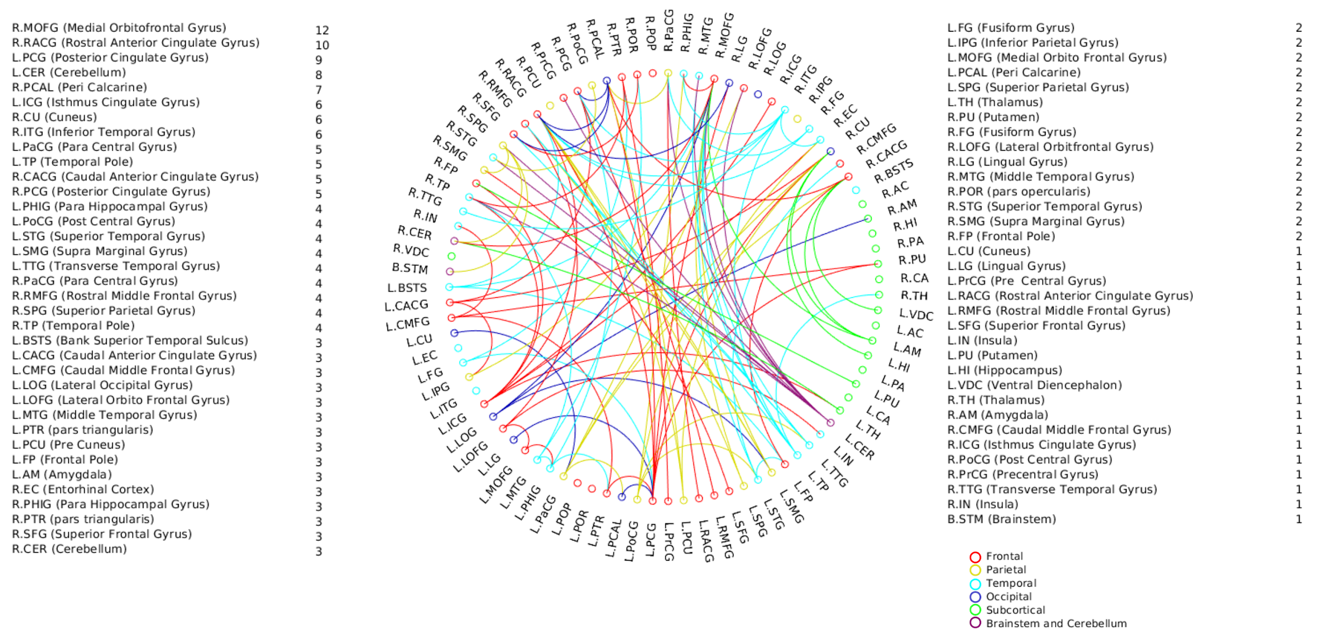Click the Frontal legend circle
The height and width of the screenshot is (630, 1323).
click(975, 557)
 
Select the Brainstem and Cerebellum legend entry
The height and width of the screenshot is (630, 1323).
click(1056, 623)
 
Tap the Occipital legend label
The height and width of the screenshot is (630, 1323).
click(1009, 597)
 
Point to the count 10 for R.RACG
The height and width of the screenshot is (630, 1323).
click(322, 45)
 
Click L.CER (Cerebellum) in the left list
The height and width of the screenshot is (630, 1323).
click(69, 72)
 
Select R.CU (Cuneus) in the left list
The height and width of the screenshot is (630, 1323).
click(55, 117)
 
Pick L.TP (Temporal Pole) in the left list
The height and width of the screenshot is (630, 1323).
click(73, 162)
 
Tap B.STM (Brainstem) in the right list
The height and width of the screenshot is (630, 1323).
click(1001, 519)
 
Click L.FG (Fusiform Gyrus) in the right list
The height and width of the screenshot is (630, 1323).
click(1011, 28)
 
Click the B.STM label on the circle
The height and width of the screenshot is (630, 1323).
click(410, 268)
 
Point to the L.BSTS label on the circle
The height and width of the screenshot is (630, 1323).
click(407, 288)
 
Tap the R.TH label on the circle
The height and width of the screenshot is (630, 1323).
click(914, 295)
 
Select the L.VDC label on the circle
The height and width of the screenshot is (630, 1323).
click(916, 315)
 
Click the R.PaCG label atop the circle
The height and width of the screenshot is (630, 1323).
click(669, 31)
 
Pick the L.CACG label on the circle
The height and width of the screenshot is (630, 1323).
click(406, 305)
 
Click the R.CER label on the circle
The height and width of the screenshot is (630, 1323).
click(415, 232)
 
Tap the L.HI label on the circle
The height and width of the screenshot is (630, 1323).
click(899, 365)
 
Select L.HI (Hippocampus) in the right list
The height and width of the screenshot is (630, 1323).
click(1004, 370)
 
